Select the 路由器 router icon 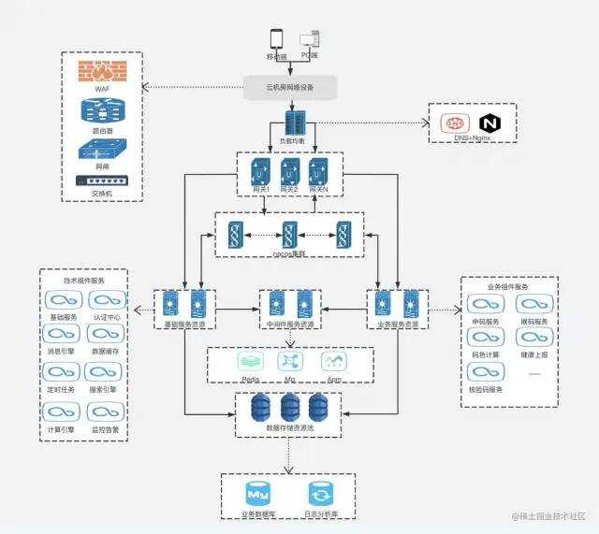tap(102, 111)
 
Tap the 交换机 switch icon tap(101, 181)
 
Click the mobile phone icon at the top tap(277, 39)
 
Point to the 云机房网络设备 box tap(290, 88)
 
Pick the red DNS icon tap(456, 123)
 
